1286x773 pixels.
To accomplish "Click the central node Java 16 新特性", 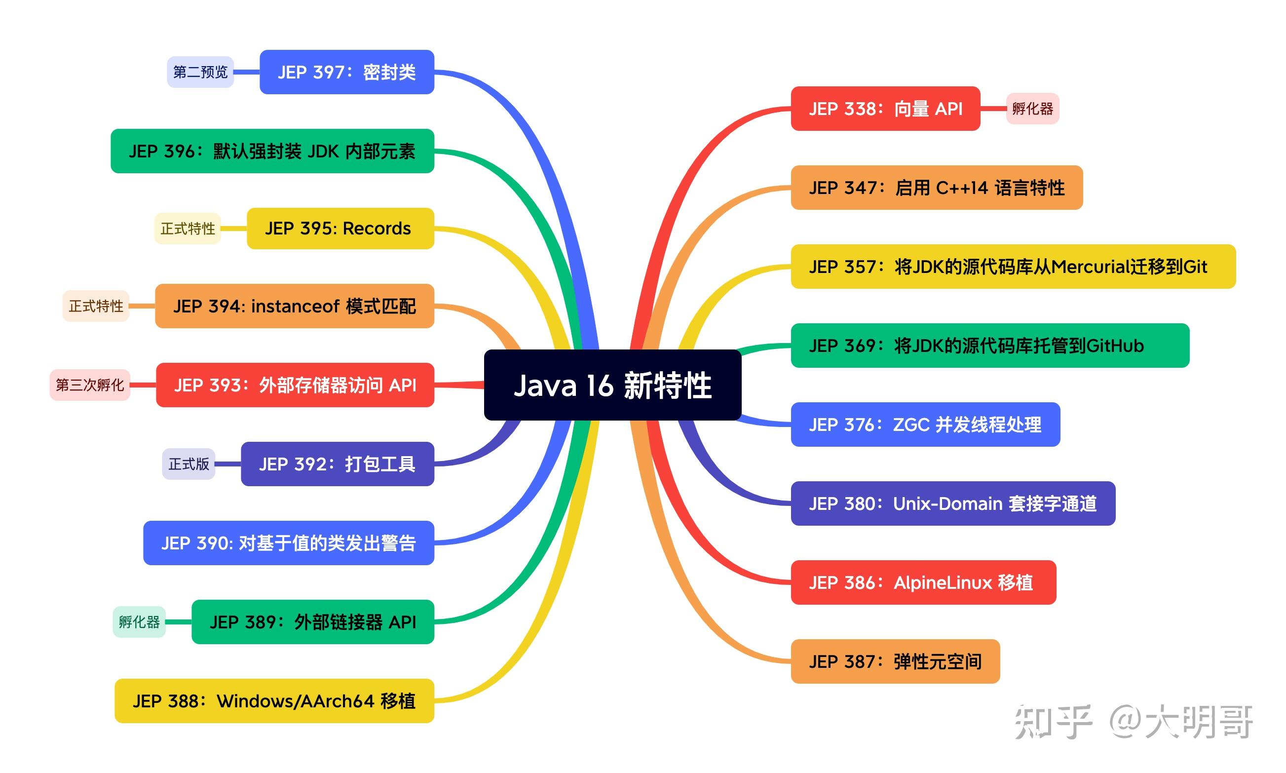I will [x=612, y=386].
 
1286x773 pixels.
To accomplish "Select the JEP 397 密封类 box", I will [x=347, y=73].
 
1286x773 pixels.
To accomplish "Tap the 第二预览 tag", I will [x=200, y=72].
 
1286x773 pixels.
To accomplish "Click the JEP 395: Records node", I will [x=340, y=229].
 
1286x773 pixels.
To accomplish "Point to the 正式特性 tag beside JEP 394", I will [x=96, y=306].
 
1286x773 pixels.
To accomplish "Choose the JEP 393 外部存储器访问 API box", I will [x=295, y=386].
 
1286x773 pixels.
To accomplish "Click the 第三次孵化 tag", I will [x=89, y=386].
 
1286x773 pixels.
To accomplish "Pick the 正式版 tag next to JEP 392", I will [x=189, y=464].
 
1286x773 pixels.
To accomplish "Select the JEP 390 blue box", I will [x=289, y=543].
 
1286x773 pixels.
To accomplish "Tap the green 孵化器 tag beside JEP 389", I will [x=139, y=622].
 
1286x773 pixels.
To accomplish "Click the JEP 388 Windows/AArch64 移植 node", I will [x=274, y=701].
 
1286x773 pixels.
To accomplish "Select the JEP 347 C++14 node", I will [x=936, y=188].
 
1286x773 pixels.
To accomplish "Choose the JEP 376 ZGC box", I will [x=925, y=425].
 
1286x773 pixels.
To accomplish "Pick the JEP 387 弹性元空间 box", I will [x=895, y=661].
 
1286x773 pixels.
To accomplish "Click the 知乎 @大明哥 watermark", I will [x=1133, y=722].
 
